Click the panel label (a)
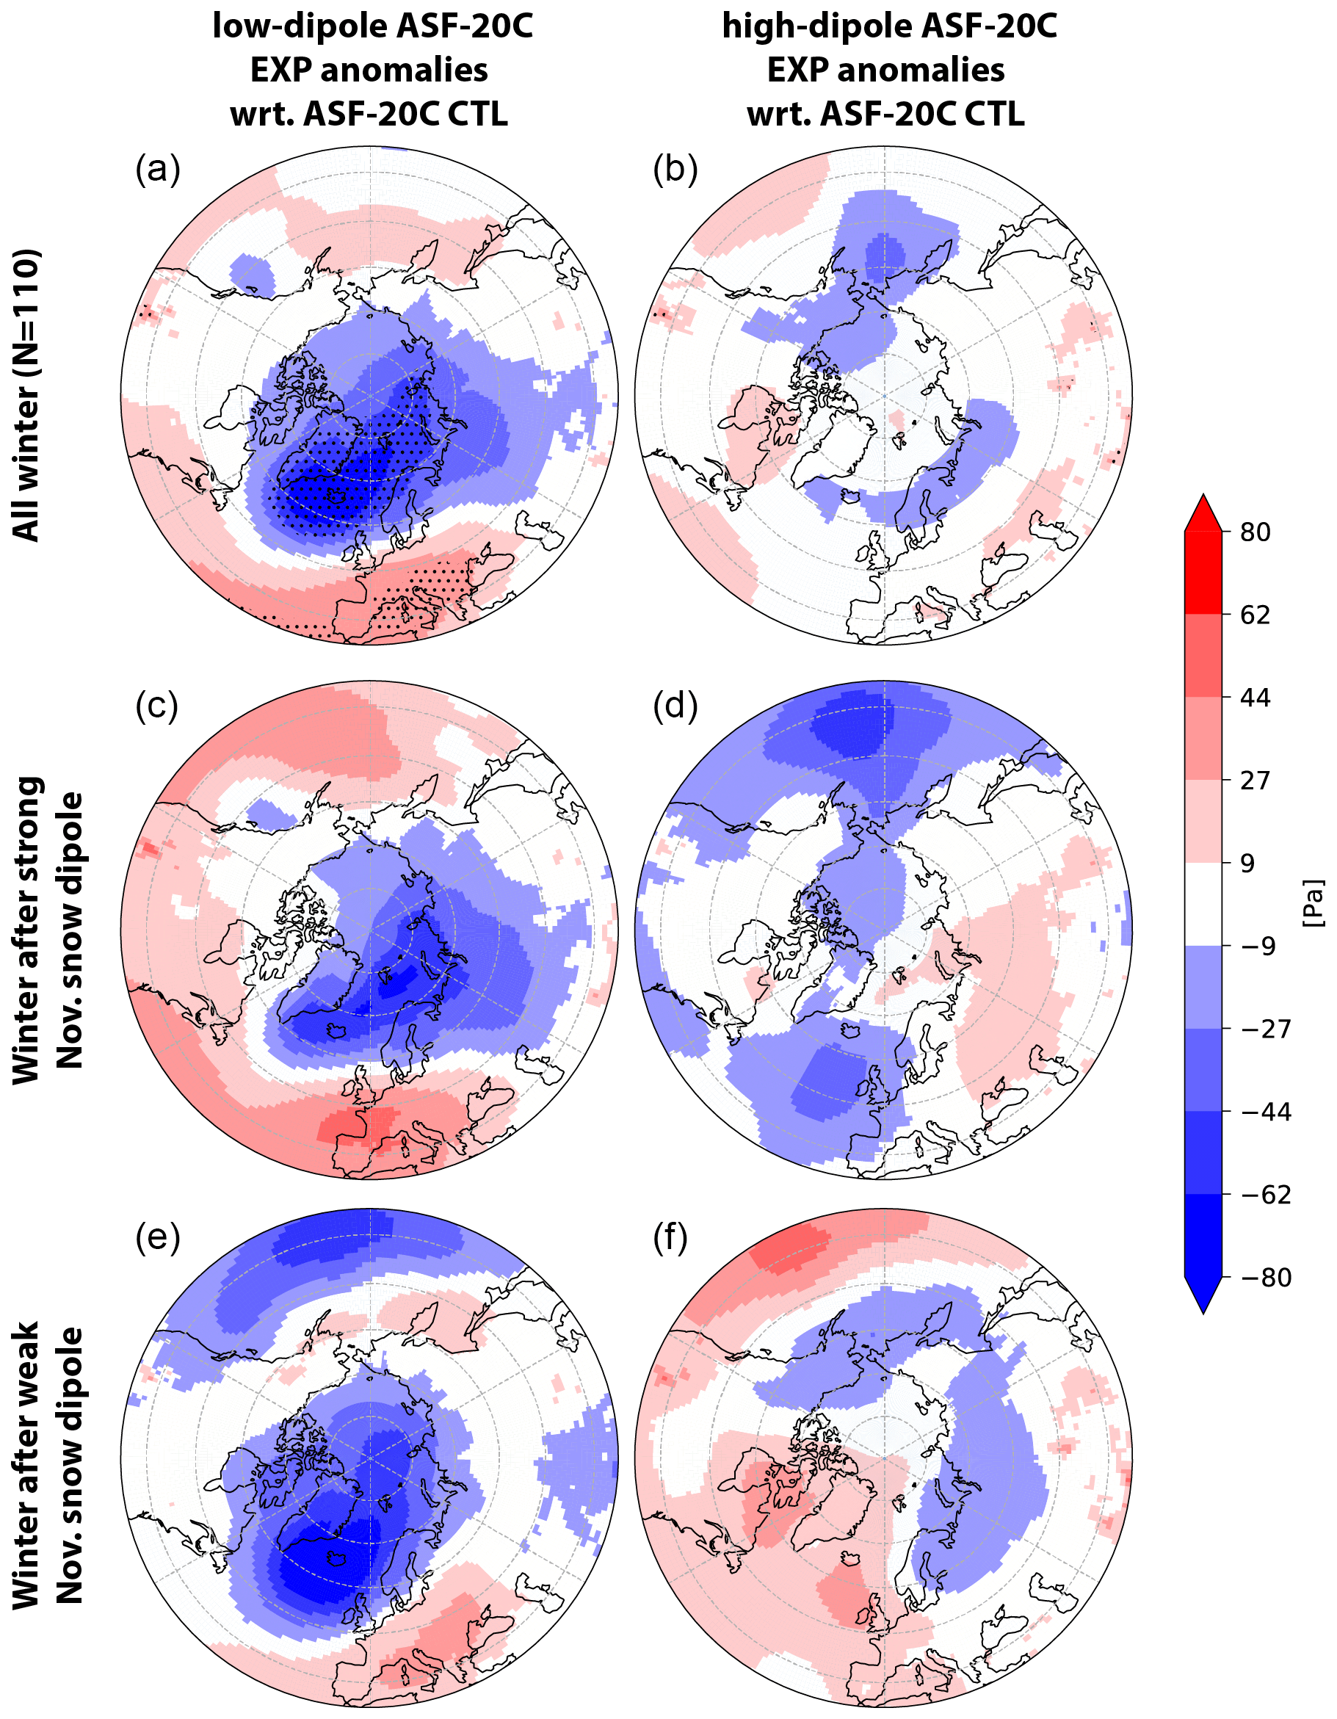pyautogui.click(x=157, y=169)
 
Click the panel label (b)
pyautogui.click(x=675, y=169)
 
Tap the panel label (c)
pyautogui.click(x=156, y=706)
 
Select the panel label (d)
pyautogui.click(x=675, y=706)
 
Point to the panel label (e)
pyautogui.click(x=157, y=1237)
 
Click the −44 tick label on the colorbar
pyautogui.click(x=1265, y=1112)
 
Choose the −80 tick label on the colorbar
pyautogui.click(x=1265, y=1278)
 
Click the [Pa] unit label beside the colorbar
pyautogui.click(x=1312, y=904)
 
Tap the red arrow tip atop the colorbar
pyautogui.click(x=1203, y=512)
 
